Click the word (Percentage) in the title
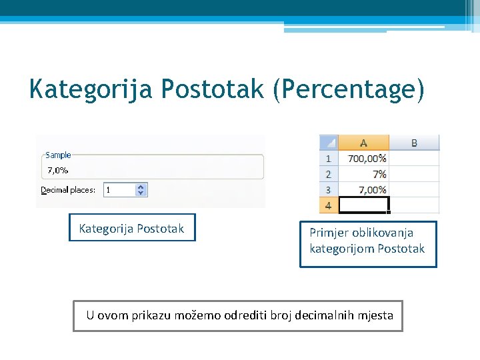348,89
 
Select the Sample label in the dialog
58,155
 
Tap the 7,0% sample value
57,170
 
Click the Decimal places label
68,190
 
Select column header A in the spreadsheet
363,143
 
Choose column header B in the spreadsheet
414,143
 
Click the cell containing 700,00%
363,159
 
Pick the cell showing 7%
363,174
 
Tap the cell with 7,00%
363,189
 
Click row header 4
329,205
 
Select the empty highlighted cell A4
363,205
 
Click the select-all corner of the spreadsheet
329,143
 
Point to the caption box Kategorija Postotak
132,229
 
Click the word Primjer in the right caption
328,233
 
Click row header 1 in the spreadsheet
329,159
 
